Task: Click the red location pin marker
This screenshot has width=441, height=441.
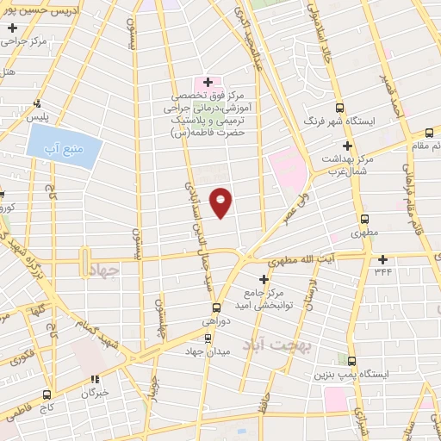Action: pyautogui.click(x=221, y=202)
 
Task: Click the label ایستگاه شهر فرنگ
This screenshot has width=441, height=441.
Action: pyautogui.click(x=383, y=120)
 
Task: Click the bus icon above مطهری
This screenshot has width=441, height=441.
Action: pyautogui.click(x=365, y=219)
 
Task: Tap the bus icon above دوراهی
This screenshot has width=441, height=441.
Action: pyautogui.click(x=215, y=307)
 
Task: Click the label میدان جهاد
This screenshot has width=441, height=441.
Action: pyautogui.click(x=202, y=352)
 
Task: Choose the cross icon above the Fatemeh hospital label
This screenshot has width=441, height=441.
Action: pyautogui.click(x=208, y=82)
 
